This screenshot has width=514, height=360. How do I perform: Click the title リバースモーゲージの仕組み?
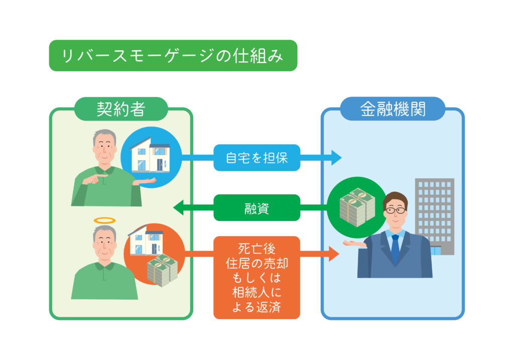173,56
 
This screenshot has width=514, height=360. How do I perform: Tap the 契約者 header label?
121,109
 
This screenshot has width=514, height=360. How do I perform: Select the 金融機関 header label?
393,109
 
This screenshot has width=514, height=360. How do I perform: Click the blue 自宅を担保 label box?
256,158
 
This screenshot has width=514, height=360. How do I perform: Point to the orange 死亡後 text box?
256,277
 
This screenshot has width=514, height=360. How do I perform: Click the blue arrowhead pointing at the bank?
335,158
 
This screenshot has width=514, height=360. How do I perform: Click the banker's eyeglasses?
395,210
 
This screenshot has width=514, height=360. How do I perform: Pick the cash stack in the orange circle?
162,270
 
